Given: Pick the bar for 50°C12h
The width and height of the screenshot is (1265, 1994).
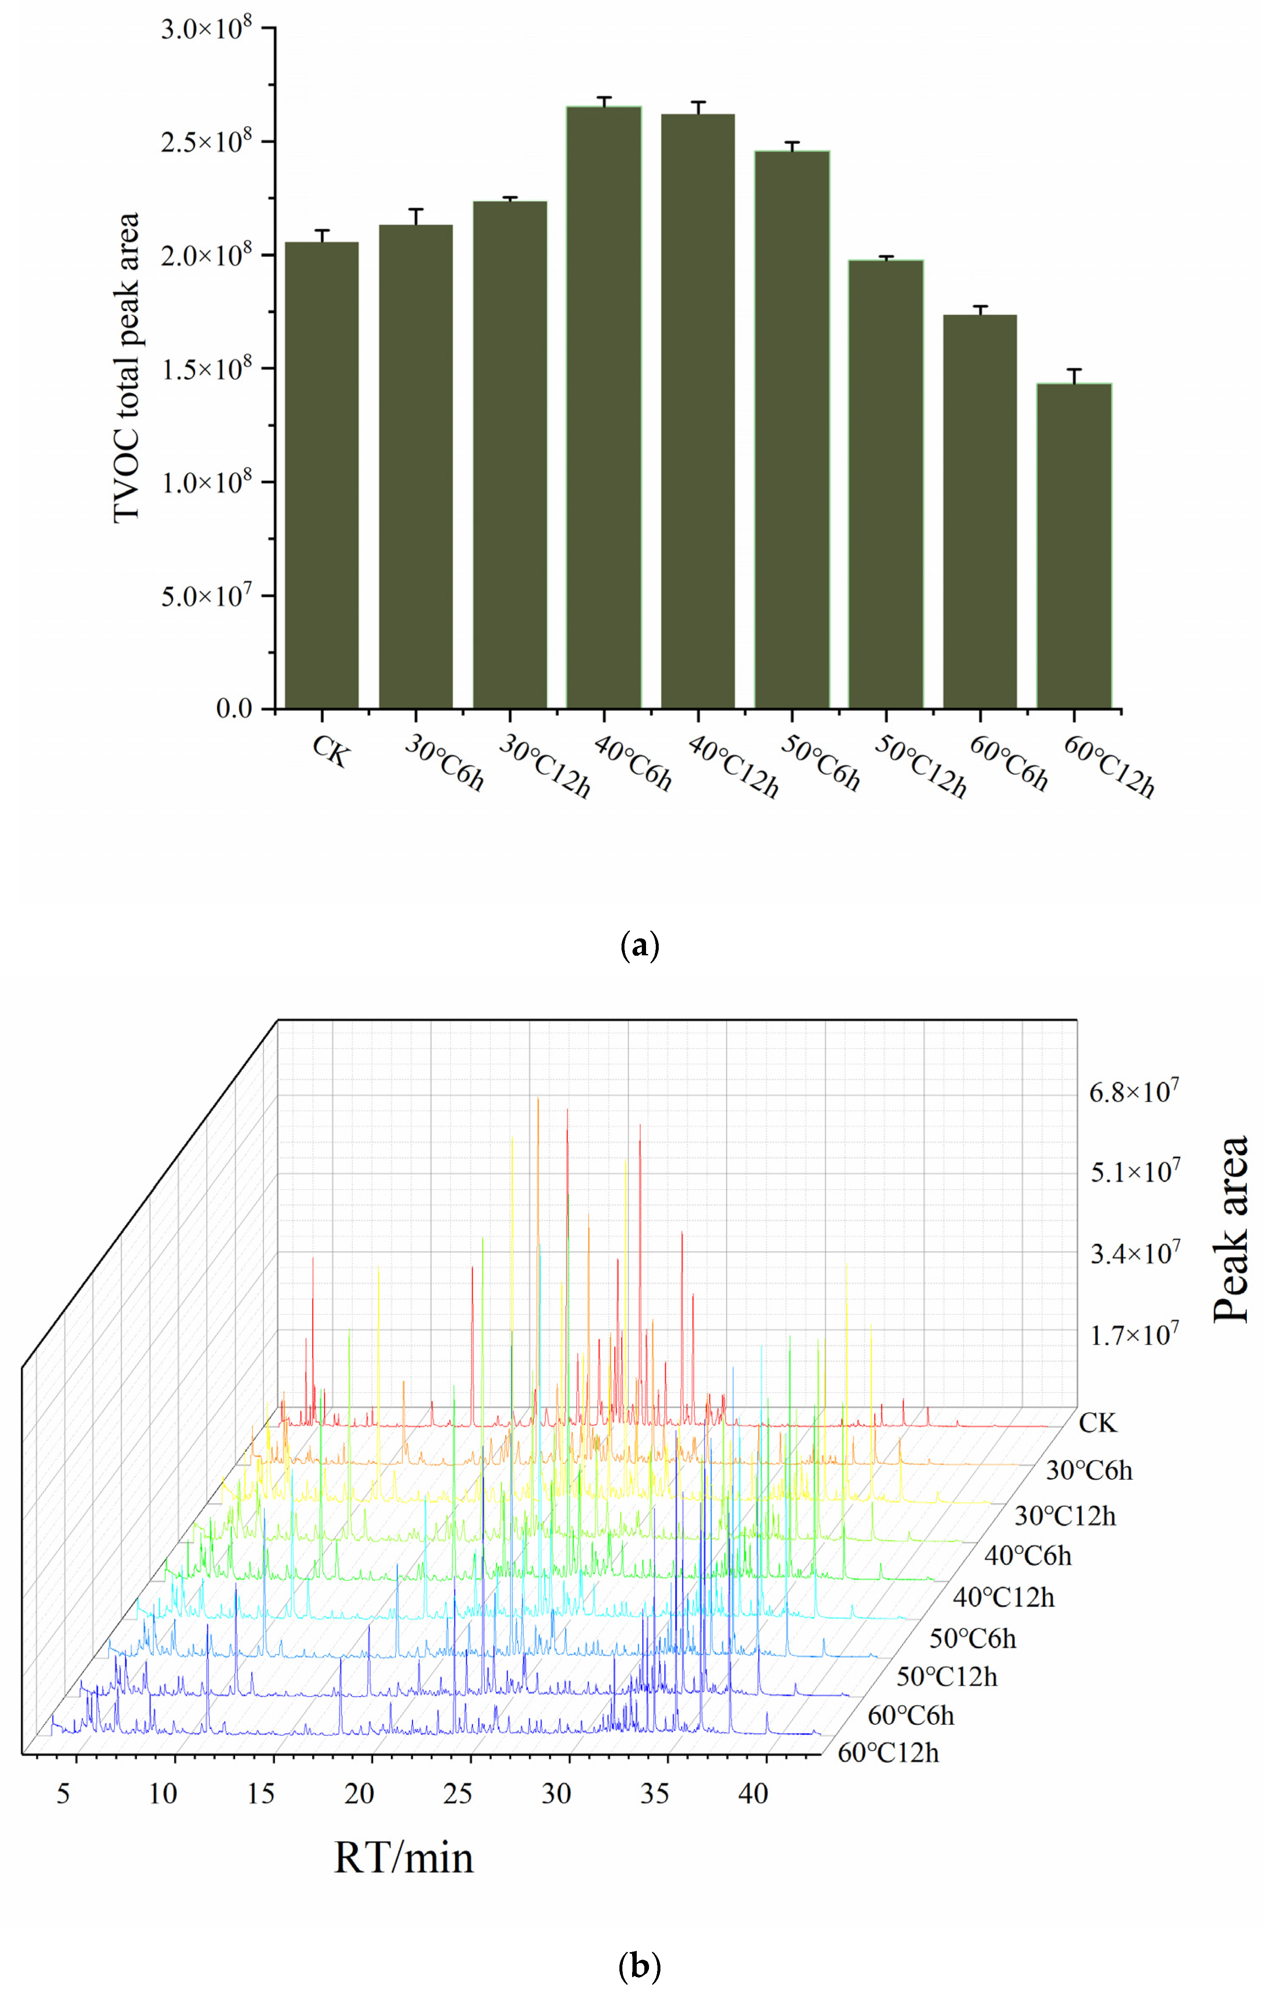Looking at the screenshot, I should pyautogui.click(x=886, y=484).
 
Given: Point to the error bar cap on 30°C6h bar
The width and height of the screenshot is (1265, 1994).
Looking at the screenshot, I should pyautogui.click(x=415, y=210).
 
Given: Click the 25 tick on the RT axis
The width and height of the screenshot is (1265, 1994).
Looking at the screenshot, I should pyautogui.click(x=458, y=1794).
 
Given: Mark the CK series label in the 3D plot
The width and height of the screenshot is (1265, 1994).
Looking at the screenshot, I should pyautogui.click(x=1098, y=1423).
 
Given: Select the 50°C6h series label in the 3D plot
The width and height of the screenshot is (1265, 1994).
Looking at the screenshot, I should pyautogui.click(x=972, y=1638).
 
